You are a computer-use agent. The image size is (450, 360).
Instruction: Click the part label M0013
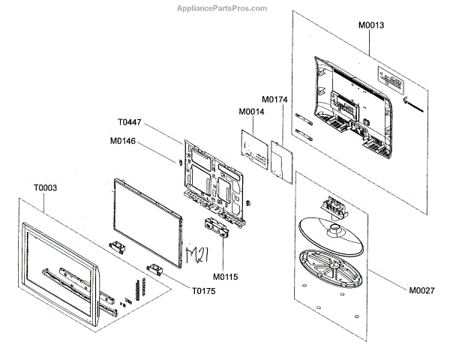click(371, 25)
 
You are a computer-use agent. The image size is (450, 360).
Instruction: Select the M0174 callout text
click(275, 99)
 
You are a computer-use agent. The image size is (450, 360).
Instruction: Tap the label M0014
click(252, 112)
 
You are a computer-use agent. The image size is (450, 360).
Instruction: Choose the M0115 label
click(225, 276)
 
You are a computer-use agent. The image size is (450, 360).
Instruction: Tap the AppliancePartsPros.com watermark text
click(225, 7)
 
